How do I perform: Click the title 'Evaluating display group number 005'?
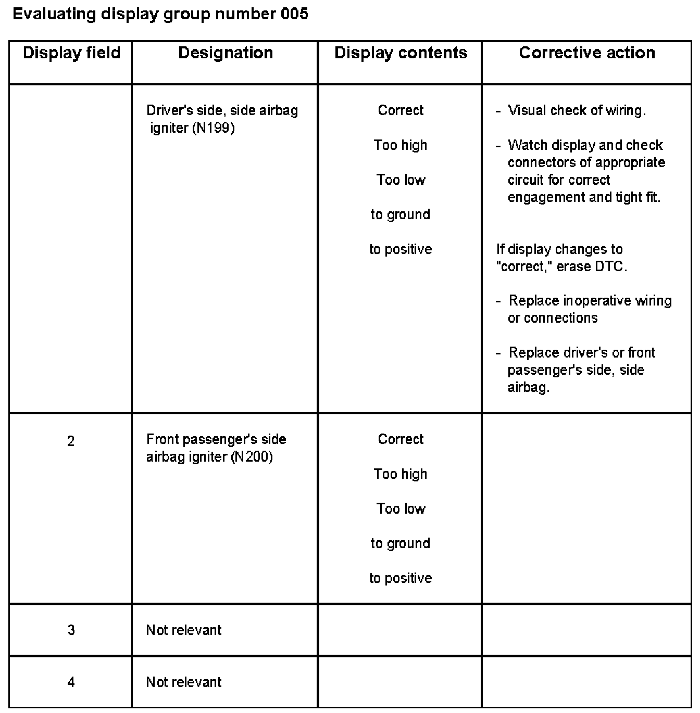[x=160, y=14]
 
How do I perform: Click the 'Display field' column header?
[x=71, y=53]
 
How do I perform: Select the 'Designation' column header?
[x=225, y=53]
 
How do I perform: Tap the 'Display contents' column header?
[x=401, y=53]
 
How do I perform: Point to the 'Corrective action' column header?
[x=587, y=53]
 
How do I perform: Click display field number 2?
[x=71, y=441]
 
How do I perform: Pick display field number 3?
[x=71, y=630]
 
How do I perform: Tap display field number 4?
[x=71, y=682]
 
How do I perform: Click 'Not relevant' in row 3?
[x=183, y=630]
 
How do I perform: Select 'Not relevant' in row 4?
[x=183, y=682]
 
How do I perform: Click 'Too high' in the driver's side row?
[x=400, y=145]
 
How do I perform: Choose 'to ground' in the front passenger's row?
[x=400, y=543]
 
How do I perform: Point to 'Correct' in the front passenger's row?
[x=401, y=439]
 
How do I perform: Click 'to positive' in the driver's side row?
[x=401, y=249]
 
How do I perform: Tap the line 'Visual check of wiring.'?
[x=577, y=110]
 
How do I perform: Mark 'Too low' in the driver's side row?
[x=401, y=180]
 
